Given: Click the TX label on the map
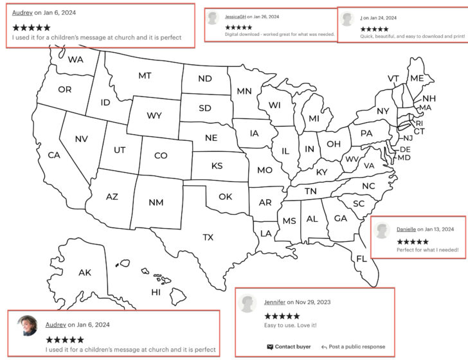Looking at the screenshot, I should click(x=208, y=237).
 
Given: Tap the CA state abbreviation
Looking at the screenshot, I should click(x=54, y=155).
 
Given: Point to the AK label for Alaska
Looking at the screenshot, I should click(x=85, y=273).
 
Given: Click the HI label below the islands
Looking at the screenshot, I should click(x=156, y=292).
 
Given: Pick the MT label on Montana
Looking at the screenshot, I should click(x=145, y=76).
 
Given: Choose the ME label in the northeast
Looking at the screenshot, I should click(x=417, y=78).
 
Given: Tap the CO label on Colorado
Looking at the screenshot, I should click(x=161, y=156).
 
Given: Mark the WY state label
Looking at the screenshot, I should click(x=154, y=116).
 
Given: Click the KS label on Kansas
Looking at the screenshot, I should click(x=217, y=166).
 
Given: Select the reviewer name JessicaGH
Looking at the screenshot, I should click(x=235, y=16).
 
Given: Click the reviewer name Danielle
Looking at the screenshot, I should click(x=406, y=229).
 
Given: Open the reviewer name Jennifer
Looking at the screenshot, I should click(x=274, y=302).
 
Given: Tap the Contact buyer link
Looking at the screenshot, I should click(x=289, y=346).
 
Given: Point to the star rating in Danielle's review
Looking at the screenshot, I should click(x=413, y=241).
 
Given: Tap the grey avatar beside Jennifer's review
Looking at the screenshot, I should click(x=248, y=303).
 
